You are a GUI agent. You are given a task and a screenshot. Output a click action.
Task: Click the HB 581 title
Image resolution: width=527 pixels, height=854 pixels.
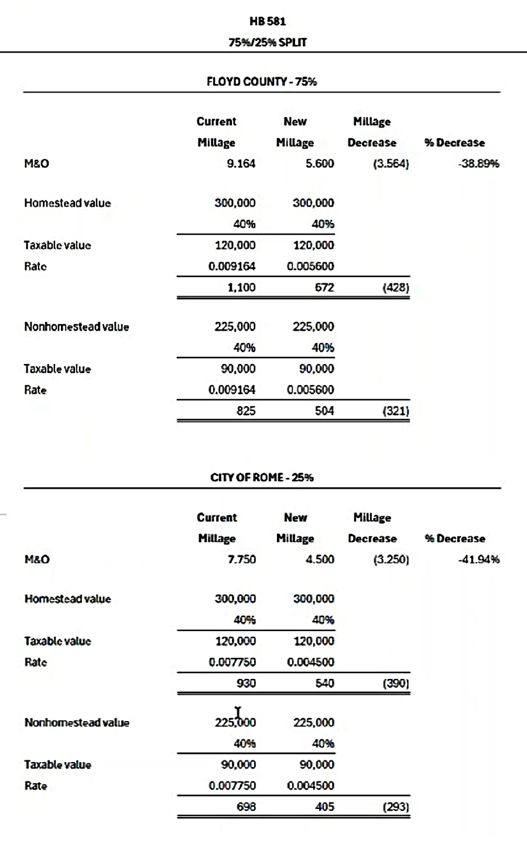pyautogui.click(x=268, y=22)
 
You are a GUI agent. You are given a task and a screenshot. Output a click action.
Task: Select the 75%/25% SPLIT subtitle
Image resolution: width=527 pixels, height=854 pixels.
pyautogui.click(x=268, y=42)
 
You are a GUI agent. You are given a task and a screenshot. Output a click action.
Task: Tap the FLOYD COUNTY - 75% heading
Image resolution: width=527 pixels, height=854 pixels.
pyautogui.click(x=262, y=82)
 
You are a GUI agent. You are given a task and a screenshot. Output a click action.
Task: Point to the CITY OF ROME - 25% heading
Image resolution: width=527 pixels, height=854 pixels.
pyautogui.click(x=262, y=478)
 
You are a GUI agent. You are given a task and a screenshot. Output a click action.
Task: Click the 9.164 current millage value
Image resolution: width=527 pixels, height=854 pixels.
pyautogui.click(x=241, y=164)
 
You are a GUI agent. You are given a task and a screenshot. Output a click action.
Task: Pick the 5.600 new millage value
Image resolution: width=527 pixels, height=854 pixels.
pyautogui.click(x=320, y=164)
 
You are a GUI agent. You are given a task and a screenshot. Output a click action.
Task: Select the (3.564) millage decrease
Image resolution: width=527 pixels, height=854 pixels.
pyautogui.click(x=391, y=164)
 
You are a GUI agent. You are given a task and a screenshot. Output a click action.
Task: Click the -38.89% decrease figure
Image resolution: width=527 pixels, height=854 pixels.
pyautogui.click(x=478, y=164)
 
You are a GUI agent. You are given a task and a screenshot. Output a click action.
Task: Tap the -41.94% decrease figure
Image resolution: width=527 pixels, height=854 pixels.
pyautogui.click(x=478, y=560)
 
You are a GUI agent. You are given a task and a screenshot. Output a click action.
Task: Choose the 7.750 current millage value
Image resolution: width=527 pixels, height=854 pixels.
pyautogui.click(x=242, y=560)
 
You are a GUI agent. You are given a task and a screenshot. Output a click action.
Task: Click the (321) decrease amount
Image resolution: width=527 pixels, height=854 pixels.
pyautogui.click(x=396, y=411)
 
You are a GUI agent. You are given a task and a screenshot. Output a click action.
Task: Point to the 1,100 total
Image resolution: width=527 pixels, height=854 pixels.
pyautogui.click(x=241, y=287)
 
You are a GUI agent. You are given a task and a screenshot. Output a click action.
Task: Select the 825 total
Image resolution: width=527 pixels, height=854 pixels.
pyautogui.click(x=246, y=411)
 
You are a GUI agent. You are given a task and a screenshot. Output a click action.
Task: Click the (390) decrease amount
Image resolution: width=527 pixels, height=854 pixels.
pyautogui.click(x=396, y=683)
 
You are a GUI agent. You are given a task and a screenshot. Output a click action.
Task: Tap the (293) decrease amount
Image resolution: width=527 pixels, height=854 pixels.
pyautogui.click(x=396, y=807)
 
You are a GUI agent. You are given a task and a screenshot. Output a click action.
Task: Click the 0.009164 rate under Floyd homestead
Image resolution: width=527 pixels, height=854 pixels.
pyautogui.click(x=232, y=266)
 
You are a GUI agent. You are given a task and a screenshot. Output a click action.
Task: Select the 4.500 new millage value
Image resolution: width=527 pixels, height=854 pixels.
pyautogui.click(x=320, y=560)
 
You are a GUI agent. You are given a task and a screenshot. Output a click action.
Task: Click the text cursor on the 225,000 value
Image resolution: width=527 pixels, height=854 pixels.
pyautogui.click(x=238, y=715)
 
